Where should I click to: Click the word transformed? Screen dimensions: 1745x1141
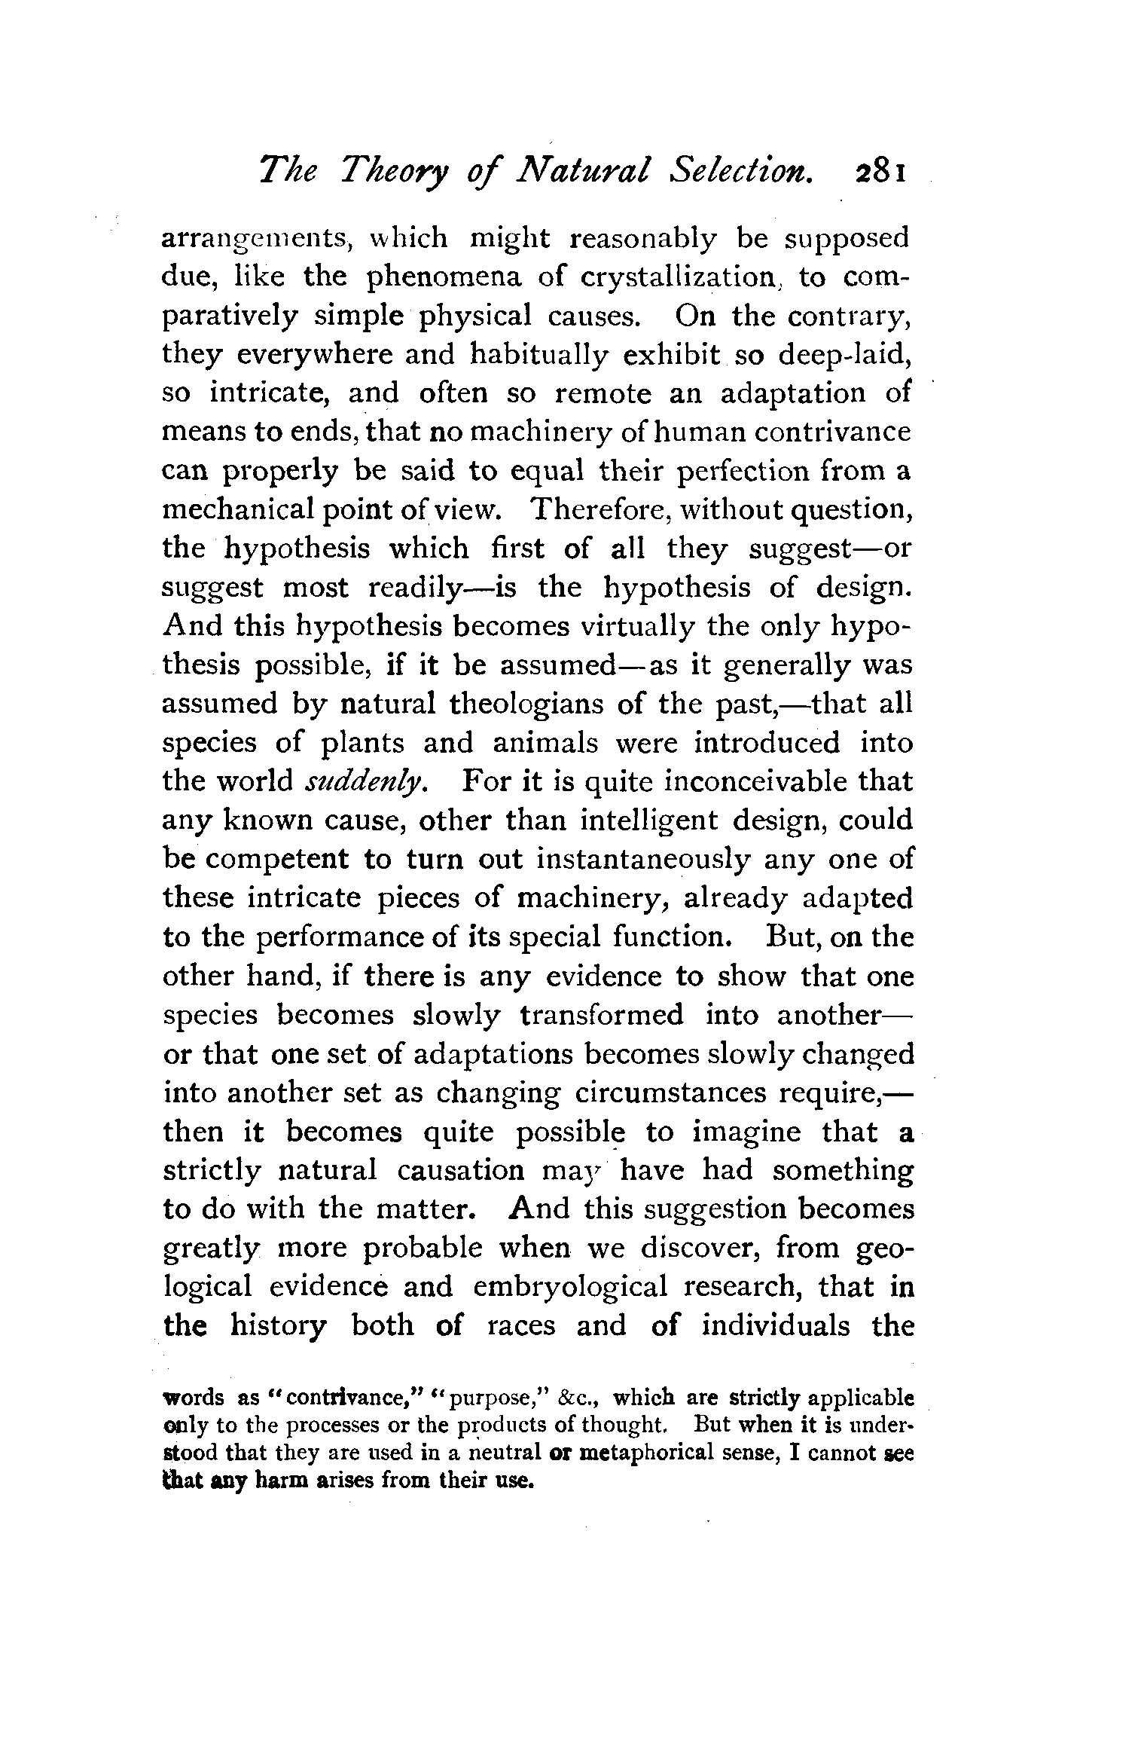click(602, 1015)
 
